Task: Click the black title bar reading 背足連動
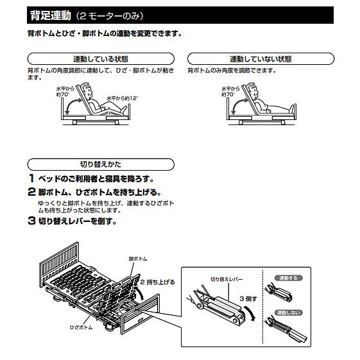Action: [x=180, y=13]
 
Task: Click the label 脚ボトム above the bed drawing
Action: [x=137, y=258]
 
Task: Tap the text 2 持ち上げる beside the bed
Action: [x=158, y=282]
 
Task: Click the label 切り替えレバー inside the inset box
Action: [x=225, y=279]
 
